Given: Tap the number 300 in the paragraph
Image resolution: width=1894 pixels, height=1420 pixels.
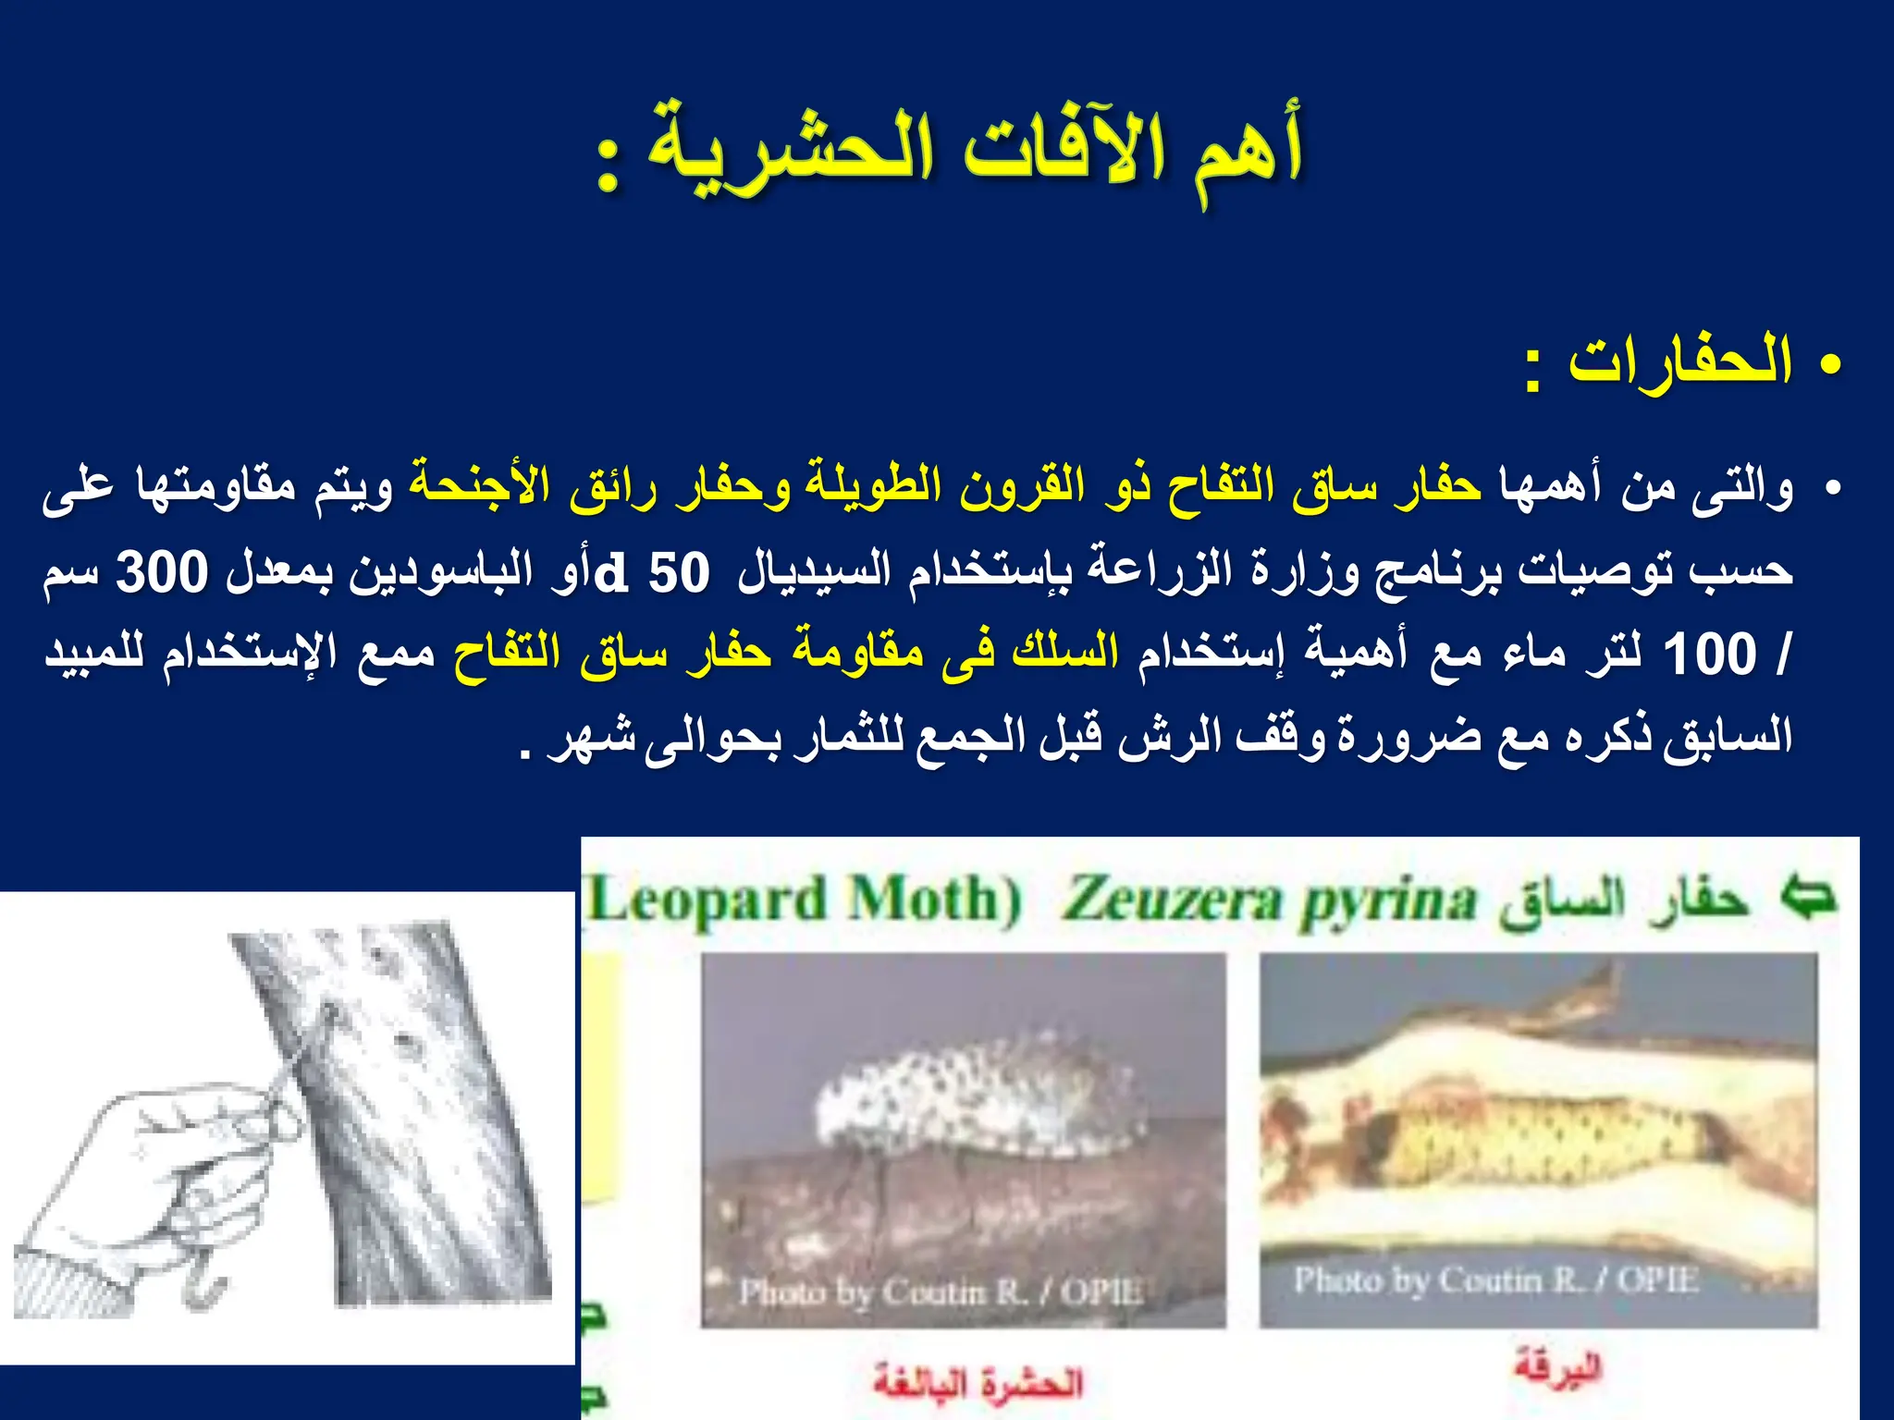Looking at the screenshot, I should click(163, 572).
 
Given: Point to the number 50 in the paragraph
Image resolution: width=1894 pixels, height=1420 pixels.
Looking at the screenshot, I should click(679, 572).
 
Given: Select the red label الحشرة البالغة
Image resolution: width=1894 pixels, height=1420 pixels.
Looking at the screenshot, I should click(978, 1383).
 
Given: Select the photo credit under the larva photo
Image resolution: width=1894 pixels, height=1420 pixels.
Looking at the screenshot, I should click(1495, 1280).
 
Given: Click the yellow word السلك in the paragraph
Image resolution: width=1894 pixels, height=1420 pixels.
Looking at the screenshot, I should click(1064, 653).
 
